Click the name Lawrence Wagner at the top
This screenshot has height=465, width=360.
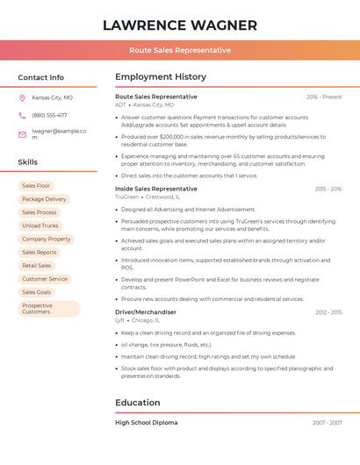pos(179,25)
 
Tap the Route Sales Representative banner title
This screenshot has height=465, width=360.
pos(179,50)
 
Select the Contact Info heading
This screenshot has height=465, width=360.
pos(40,77)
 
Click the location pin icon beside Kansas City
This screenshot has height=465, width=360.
pos(22,97)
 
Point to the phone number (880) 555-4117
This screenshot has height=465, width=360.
pos(49,115)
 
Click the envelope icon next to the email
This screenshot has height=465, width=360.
pos(22,134)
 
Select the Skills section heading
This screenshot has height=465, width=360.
pos(27,162)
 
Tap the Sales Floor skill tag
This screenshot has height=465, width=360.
pos(36,186)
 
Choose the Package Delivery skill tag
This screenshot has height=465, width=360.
pos(44,199)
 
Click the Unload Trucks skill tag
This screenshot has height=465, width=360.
pos(40,225)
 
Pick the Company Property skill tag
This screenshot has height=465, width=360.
pos(46,239)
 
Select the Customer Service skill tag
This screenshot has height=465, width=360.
pos(44,279)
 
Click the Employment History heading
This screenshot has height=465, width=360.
pos(160,77)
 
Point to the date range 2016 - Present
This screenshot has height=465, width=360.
pos(324,97)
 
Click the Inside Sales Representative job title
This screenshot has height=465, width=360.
pos(156,189)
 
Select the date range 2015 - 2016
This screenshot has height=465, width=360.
pos(328,189)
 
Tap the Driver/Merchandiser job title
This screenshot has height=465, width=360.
pos(146,311)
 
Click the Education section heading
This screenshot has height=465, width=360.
pos(137,403)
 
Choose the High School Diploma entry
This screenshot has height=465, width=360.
pos(146,423)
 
